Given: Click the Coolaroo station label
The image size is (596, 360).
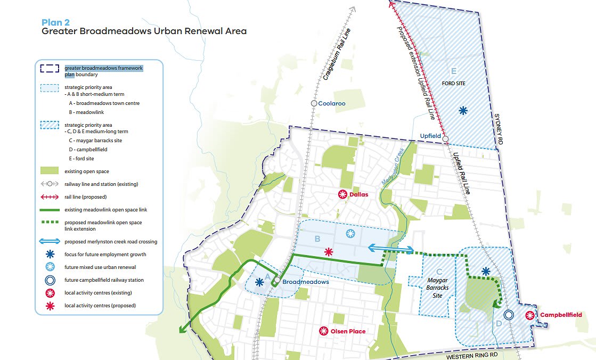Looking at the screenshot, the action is click(x=333, y=103).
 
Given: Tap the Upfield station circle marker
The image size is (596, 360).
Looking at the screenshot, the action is click(x=446, y=139).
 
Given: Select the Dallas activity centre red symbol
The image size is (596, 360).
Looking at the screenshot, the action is click(x=343, y=194).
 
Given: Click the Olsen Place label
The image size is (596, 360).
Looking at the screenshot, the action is click(x=348, y=331).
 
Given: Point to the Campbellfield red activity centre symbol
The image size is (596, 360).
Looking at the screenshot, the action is click(x=530, y=315).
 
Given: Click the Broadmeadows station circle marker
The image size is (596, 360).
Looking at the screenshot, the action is click(x=277, y=280).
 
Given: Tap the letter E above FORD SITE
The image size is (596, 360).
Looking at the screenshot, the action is click(x=453, y=71).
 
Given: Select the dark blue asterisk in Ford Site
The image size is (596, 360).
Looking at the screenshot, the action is click(x=463, y=110).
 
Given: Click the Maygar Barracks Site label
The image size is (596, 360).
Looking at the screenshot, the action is click(x=437, y=288).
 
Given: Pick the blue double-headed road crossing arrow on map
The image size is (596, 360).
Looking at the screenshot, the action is click(x=391, y=248).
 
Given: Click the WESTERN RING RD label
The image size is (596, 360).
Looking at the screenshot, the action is click(x=473, y=354).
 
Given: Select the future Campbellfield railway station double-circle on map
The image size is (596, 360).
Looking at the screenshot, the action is click(x=509, y=315).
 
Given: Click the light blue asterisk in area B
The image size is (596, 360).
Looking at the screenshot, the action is click(x=350, y=233).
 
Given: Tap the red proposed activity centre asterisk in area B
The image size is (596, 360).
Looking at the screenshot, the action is click(x=329, y=251).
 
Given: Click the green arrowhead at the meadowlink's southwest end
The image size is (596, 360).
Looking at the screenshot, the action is click(x=182, y=330).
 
